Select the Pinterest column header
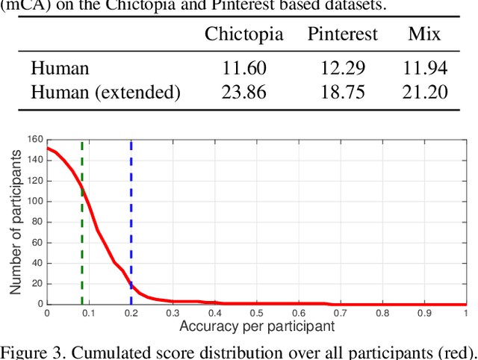pos(343,34)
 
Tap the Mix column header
pos(424,34)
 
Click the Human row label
pos(60,69)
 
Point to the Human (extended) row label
pos(105,93)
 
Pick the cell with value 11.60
pos(244,69)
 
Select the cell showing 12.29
pos(343,69)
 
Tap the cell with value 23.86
pos(244,93)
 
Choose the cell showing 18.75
pos(343,93)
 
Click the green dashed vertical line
pos(82,224)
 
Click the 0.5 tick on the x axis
pos(256,313)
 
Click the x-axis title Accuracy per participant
pos(256,326)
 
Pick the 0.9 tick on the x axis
pos(423,313)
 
